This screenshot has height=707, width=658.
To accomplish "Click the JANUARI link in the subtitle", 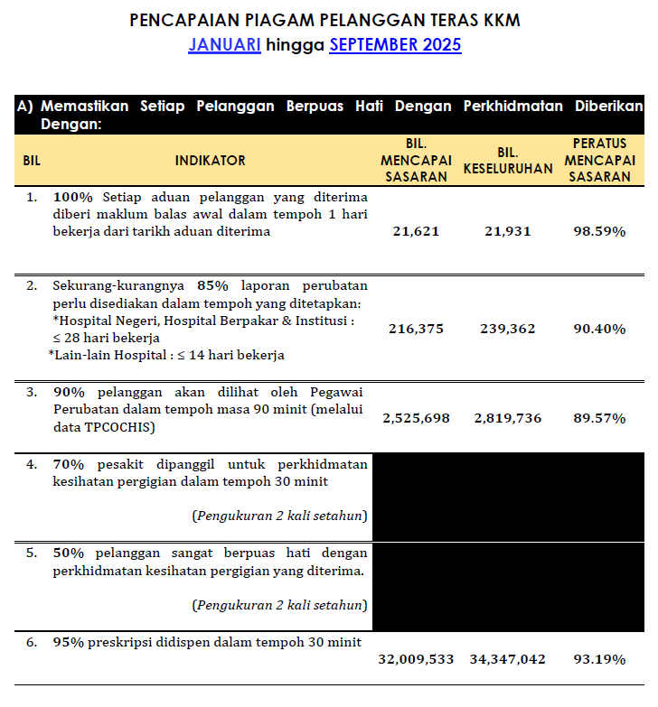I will tap(224, 45).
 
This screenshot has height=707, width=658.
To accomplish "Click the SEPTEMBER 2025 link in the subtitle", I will tap(395, 45).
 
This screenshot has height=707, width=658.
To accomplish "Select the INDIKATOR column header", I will tap(210, 161).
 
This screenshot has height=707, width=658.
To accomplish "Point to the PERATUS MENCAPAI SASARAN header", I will tap(599, 161).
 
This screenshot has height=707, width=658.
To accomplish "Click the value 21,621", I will tap(416, 231).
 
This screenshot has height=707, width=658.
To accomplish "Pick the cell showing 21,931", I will tap(507, 231).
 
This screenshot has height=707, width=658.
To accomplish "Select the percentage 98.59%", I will tap(599, 231).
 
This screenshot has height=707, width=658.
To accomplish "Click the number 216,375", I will tap(416, 329).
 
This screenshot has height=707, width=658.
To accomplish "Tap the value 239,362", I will tap(507, 329).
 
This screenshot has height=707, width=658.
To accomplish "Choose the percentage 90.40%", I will tap(599, 329).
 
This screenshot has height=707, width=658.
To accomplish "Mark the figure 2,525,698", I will tap(416, 418).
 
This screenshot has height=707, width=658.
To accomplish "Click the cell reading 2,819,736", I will tap(507, 418).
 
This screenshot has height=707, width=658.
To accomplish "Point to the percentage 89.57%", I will tap(599, 418).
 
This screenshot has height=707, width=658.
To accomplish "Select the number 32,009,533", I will tap(416, 659).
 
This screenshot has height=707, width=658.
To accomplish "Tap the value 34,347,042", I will tap(507, 659).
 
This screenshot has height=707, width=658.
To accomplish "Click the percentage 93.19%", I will tap(599, 659).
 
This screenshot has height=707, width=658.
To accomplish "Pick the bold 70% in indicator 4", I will tap(68, 465).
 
